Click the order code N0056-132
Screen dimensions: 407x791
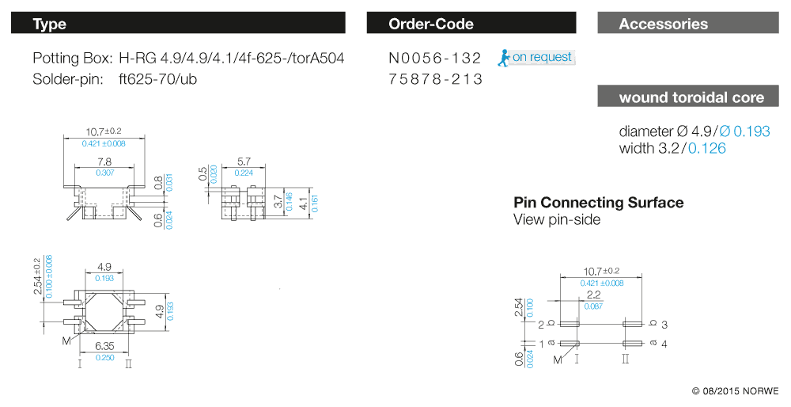[x=435, y=59]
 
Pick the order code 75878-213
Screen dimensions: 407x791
[x=435, y=79]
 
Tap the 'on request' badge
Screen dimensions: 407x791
[x=542, y=57]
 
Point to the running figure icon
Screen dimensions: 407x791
[x=503, y=58]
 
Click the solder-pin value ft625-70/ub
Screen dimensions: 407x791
[x=157, y=79]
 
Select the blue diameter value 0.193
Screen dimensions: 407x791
[x=751, y=131]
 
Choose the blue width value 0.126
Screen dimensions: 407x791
[x=707, y=148]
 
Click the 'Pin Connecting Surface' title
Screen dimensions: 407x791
[x=598, y=203]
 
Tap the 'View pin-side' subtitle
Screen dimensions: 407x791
[x=557, y=220]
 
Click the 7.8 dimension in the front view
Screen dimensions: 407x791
[x=104, y=161]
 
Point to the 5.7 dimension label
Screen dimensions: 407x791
[x=243, y=161]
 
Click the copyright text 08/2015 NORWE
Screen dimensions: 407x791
[x=735, y=391]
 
